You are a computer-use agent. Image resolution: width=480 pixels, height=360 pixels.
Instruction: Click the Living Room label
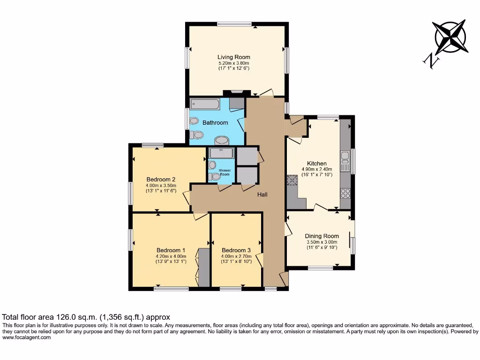pos(233,57)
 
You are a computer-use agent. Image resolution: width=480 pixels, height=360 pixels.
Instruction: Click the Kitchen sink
pos(345,161)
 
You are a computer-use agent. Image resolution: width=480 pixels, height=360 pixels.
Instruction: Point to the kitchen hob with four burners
pos(345,193)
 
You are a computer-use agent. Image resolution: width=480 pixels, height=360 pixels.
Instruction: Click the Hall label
pos(262,195)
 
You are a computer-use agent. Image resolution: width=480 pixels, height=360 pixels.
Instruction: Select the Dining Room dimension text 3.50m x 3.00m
pos(322,242)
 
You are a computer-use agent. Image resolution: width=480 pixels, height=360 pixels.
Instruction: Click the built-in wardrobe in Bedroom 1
pos(204,267)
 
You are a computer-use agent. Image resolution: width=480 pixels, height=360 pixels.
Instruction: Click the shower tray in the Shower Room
pos(220,153)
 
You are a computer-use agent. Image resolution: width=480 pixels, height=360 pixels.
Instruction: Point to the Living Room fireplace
pos(233,92)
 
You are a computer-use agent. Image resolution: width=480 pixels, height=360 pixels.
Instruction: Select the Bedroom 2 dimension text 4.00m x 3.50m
pos(161,186)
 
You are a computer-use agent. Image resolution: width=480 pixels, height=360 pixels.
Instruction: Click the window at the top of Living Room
pos(234,24)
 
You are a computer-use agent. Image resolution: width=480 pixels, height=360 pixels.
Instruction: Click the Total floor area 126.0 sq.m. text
pos(86,317)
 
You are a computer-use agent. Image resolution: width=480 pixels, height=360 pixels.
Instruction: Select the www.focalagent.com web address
pos(26,337)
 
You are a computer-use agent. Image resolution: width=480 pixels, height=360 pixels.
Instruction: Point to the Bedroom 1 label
pos(171,250)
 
